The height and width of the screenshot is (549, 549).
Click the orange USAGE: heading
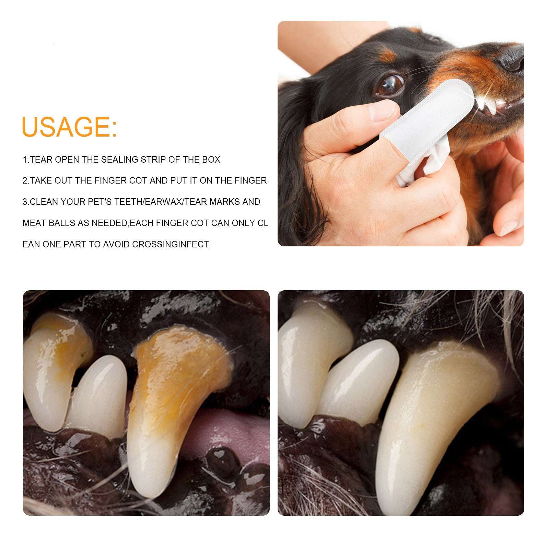coord(69,127)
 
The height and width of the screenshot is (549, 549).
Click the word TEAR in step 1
coord(42,160)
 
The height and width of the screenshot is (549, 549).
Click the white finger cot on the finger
coord(422,113)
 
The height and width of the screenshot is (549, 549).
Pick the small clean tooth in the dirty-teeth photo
coord(100,395)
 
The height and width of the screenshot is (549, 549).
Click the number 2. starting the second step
coord(25,180)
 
